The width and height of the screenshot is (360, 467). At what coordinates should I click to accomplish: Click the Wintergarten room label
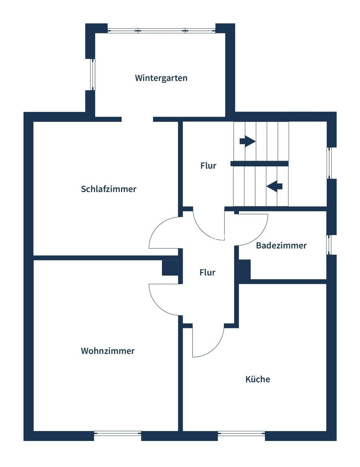coord(161,78)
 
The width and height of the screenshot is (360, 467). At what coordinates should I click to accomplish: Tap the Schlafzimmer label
coord(109,189)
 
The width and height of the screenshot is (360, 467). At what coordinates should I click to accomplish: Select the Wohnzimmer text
coord(108,351)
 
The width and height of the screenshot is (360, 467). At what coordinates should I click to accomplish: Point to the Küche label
coord(258,379)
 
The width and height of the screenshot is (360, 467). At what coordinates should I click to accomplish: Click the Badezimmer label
coord(281,245)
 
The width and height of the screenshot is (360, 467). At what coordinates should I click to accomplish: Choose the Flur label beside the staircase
coord(208,166)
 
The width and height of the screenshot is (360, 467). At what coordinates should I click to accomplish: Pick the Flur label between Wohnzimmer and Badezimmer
coord(207,272)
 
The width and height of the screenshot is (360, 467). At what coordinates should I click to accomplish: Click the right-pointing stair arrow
coord(247,141)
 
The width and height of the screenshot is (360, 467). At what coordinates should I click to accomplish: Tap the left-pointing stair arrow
coord(274,186)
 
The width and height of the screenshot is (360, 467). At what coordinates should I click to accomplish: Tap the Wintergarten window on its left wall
coord(93,75)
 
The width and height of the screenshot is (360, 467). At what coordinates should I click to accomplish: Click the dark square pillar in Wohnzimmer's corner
coord(170,268)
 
